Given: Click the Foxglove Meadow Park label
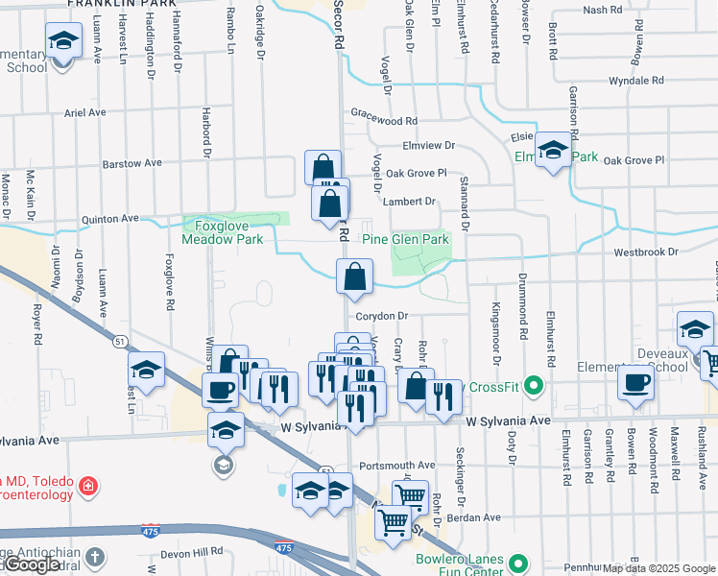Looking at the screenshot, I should [x=223, y=232].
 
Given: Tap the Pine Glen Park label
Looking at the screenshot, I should [x=405, y=239].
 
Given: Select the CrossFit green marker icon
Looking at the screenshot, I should [x=536, y=387].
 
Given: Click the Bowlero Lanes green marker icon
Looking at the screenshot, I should [x=518, y=563].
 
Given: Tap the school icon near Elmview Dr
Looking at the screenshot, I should [x=553, y=150].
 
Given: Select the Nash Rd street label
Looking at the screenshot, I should [x=602, y=10].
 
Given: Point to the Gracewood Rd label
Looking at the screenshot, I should [x=384, y=122].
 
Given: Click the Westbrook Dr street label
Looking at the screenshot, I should [x=645, y=252].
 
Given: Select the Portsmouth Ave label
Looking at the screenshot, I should [x=396, y=465].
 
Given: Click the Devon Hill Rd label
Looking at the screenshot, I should [x=191, y=552].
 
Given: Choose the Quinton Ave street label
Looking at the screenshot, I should [x=110, y=219].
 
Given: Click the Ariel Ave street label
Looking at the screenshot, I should [x=84, y=112].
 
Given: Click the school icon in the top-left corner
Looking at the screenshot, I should [x=63, y=43].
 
